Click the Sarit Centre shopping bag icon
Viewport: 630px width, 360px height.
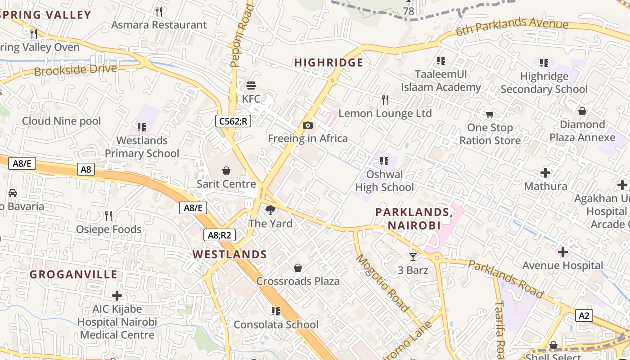(226, 171)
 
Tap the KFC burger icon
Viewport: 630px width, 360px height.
(251, 85)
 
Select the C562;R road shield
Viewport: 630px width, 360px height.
(233, 121)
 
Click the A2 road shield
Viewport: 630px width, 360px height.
(584, 315)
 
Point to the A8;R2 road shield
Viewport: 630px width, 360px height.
(220, 234)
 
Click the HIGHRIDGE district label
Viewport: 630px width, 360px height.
(328, 63)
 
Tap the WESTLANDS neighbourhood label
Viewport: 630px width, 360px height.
(230, 254)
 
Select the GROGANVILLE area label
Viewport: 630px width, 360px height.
(73, 274)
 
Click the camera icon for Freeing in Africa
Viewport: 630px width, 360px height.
(308, 125)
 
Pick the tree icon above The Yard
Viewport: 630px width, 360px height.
(270, 210)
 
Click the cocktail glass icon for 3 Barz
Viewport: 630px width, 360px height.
(413, 257)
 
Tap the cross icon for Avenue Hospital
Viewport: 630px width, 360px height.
(562, 252)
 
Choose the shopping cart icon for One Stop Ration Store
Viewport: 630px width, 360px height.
(490, 114)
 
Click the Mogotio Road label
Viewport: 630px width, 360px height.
(383, 283)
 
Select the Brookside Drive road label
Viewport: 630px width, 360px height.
(76, 70)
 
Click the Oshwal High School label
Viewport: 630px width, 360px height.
(384, 180)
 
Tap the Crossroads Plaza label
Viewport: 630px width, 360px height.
(298, 281)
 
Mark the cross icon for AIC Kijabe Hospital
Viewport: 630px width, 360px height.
(117, 296)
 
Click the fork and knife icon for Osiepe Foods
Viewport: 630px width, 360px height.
(108, 216)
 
